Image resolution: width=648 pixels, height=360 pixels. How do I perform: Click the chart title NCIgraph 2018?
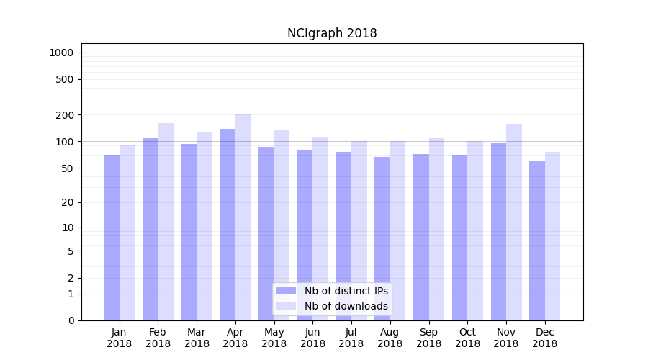pos(332,33)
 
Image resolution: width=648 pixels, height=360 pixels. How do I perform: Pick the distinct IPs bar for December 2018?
pos(537,240)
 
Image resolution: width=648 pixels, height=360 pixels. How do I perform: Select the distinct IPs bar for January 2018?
pos(112,238)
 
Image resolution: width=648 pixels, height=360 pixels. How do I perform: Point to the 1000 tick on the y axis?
pos(61,53)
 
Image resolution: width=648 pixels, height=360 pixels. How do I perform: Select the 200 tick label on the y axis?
pos(65,115)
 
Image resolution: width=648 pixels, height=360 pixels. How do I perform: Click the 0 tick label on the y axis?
pos(71,320)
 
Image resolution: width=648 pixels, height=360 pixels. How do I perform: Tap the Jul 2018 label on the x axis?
pos(351,338)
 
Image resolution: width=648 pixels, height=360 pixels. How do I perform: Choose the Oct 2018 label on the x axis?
pos(467,338)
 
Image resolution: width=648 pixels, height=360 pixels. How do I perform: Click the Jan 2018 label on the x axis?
pos(120,338)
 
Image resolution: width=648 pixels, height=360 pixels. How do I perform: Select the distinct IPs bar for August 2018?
pos(382,238)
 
